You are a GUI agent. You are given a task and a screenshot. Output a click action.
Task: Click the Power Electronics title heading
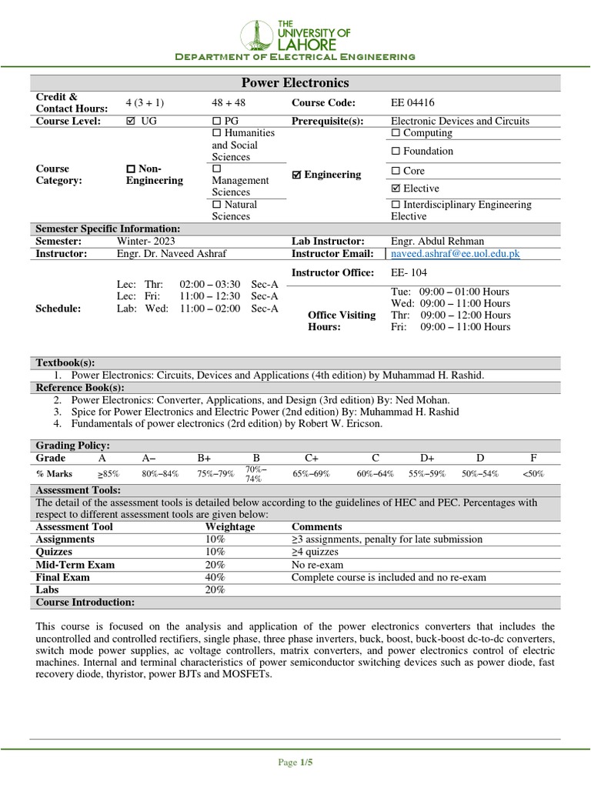[295, 83]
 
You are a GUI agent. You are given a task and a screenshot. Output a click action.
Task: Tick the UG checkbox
[129, 122]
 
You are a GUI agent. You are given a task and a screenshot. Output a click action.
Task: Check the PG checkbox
[216, 122]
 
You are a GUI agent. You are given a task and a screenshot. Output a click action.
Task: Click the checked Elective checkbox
[396, 189]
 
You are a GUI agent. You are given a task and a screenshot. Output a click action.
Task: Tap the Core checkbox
[396, 171]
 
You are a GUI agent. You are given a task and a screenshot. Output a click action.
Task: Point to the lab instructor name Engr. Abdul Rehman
[438, 241]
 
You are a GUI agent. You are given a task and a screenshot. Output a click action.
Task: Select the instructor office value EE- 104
[409, 272]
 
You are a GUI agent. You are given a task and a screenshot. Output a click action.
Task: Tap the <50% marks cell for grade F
[533, 474]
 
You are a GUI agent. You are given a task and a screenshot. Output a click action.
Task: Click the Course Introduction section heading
[85, 602]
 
